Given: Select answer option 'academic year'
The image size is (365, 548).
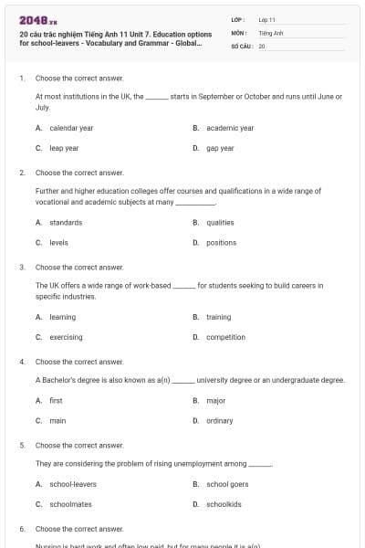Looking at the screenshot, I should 230,128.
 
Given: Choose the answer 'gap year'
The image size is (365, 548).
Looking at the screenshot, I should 220,148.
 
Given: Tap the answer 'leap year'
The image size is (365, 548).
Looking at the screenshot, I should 64,148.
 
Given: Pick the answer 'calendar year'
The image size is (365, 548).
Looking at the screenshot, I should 71,128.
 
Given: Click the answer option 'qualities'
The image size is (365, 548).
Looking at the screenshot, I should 220,222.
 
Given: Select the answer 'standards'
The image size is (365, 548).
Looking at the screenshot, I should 66,222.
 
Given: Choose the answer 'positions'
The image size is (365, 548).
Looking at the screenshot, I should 222,242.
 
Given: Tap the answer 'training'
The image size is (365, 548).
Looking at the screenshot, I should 218,317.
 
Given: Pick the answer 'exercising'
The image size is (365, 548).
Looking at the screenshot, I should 66,337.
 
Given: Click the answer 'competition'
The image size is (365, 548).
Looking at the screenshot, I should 225,337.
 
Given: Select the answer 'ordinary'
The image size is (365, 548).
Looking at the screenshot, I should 220,420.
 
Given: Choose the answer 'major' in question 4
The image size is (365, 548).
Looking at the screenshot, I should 216,400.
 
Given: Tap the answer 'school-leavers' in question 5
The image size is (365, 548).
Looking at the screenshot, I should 73,484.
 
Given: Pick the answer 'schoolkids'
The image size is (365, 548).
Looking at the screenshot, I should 224,504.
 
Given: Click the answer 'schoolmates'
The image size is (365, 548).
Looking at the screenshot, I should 70,504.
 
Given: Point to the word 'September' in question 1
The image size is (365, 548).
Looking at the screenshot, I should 232,95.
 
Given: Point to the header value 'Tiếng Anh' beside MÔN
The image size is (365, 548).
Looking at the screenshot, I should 271,32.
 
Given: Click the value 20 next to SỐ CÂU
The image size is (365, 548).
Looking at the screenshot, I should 262,45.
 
